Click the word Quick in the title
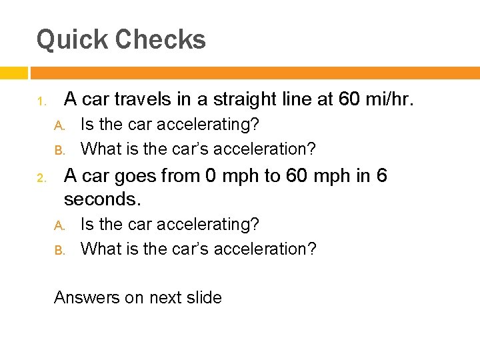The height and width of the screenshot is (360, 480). pos(72,40)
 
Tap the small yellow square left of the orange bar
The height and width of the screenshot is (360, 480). pos(13,73)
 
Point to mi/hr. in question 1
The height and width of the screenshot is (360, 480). pos(390,100)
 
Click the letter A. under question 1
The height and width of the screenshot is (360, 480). pos(58,125)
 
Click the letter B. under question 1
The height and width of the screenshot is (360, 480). pos(58,149)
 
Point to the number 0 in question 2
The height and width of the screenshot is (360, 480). pos(211,176)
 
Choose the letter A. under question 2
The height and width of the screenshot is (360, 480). pos(58,225)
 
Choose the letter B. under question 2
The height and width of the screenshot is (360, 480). pos(58,250)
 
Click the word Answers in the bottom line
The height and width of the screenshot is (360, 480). pos(87,297)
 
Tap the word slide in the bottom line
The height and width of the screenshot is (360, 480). pos(204,297)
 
